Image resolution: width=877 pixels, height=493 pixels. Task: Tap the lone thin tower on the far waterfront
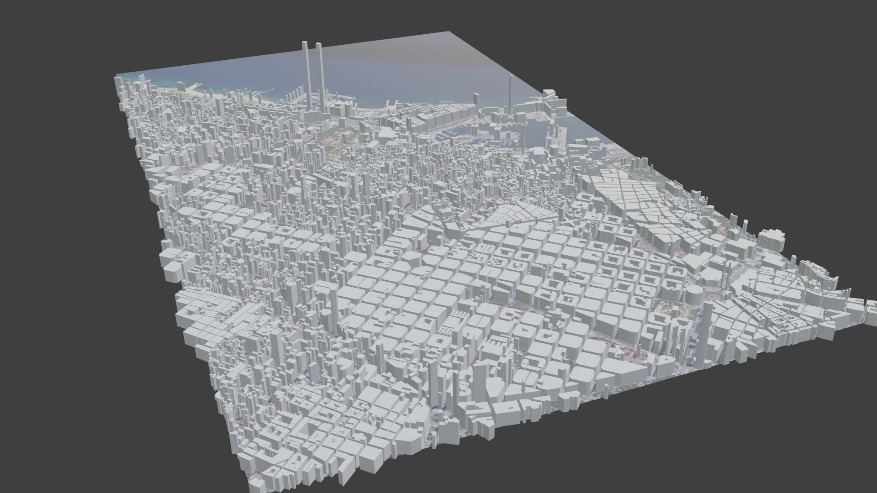[511, 91]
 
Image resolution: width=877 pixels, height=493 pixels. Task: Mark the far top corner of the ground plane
[449, 32]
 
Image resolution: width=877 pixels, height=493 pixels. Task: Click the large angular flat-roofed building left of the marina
[385, 135]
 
